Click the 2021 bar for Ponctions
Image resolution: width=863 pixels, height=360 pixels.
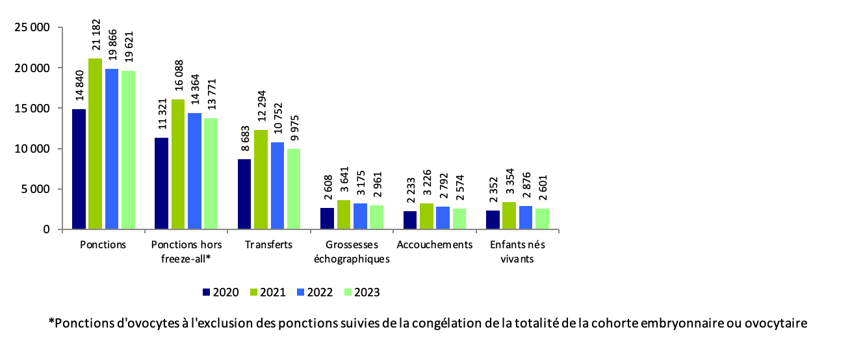click(96, 144)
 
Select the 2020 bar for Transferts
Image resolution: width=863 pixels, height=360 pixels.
click(244, 194)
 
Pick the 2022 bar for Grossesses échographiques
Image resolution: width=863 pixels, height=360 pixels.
click(360, 216)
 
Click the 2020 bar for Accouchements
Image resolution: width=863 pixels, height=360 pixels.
click(410, 220)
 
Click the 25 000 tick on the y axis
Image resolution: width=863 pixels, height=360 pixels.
click(33, 28)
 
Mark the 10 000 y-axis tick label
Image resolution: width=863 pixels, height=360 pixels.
click(33, 149)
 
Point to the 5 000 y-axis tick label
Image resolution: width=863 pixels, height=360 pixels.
click(36, 189)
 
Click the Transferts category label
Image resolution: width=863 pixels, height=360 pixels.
click(269, 245)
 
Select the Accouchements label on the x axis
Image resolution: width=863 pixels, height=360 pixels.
click(435, 245)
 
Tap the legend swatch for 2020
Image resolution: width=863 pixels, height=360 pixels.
click(207, 292)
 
